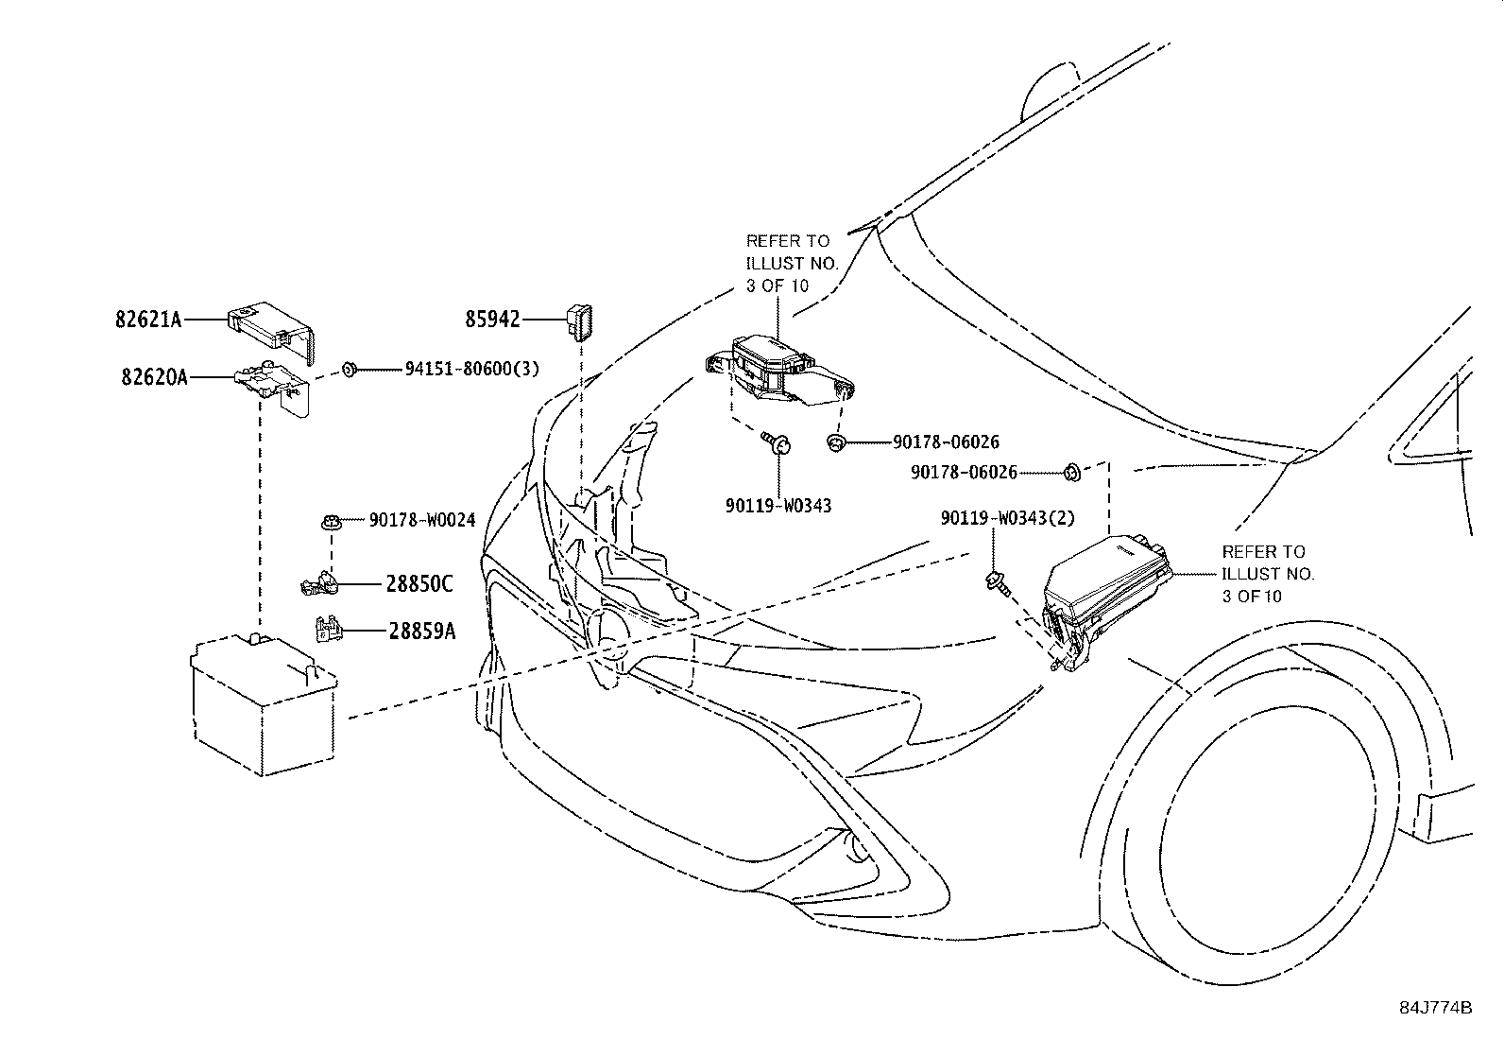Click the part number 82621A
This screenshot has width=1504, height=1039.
148,320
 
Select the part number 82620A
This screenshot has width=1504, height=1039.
154,377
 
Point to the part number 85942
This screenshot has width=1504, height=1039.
492,320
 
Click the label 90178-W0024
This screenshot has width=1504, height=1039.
421,520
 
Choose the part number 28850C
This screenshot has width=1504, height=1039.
419,584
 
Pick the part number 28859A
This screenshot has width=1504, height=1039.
421,631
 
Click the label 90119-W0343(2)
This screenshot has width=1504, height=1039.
1007,518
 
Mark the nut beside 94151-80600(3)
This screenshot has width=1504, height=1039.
348,369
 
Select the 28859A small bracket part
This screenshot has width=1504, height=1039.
327,628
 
